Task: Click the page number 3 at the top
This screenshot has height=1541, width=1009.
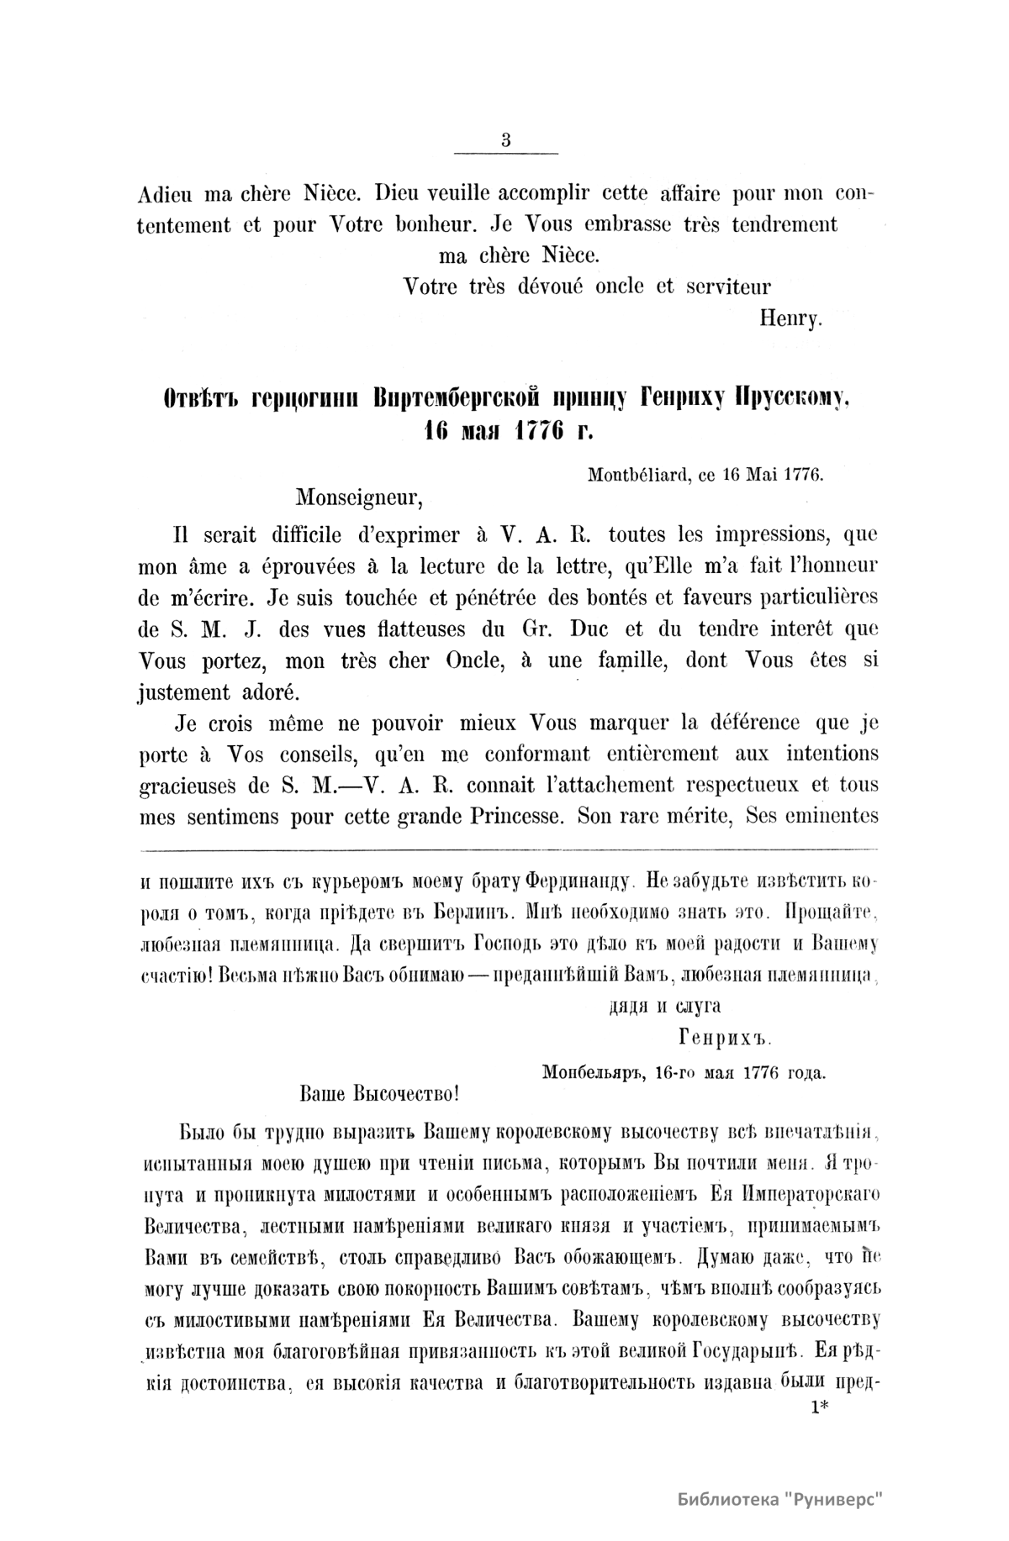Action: pos(505,140)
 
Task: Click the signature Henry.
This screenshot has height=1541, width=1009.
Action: pos(790,318)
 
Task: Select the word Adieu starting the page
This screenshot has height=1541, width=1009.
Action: pos(166,193)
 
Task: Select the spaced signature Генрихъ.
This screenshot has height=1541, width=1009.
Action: pos(723,1039)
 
